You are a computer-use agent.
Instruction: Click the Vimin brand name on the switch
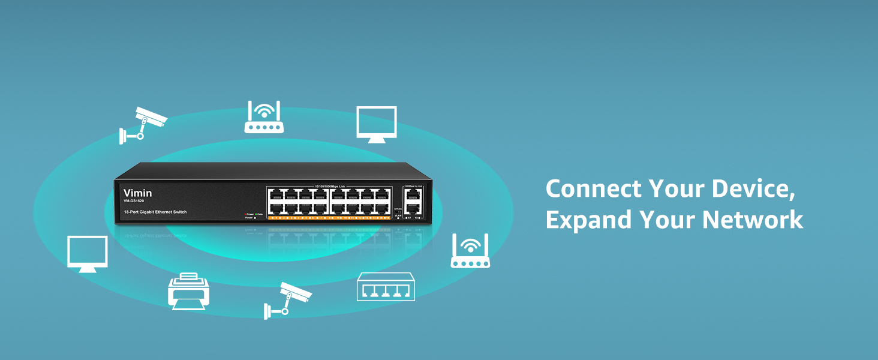pyautogui.click(x=137, y=193)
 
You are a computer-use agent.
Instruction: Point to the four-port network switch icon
pyautogui.click(x=386, y=286)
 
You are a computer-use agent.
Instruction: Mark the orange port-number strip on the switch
pyautogui.click(x=329, y=218)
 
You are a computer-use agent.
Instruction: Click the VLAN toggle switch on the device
pyautogui.click(x=398, y=211)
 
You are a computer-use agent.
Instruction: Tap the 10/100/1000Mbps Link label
pyautogui.click(x=329, y=187)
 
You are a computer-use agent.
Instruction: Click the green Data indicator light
pyautogui.click(x=257, y=214)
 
